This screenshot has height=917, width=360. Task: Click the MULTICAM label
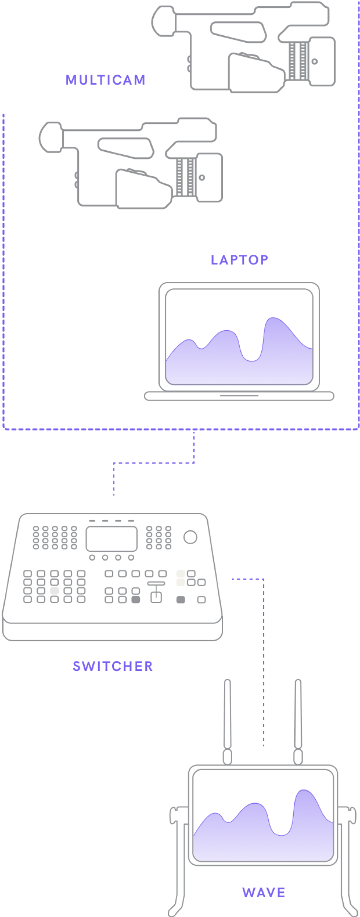click(105, 80)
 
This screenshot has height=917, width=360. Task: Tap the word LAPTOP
click(239, 260)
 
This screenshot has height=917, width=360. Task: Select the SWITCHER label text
click(113, 666)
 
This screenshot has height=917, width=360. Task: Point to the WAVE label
click(264, 893)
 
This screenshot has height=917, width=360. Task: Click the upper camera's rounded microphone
click(163, 21)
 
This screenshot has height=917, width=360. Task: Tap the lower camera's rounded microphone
click(50, 137)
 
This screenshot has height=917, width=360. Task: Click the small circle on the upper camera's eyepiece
click(315, 61)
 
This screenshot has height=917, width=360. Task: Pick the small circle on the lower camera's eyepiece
click(202, 177)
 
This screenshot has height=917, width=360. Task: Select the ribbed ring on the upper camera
click(298, 61)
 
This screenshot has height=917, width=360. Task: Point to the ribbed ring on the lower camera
click(186, 177)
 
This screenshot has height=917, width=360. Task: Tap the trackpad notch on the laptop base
click(239, 396)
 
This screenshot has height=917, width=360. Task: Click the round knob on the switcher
click(190, 537)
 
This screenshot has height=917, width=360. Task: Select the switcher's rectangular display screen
click(111, 538)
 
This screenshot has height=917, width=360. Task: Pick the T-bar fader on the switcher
click(156, 592)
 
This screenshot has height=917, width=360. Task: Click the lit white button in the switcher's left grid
click(54, 591)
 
